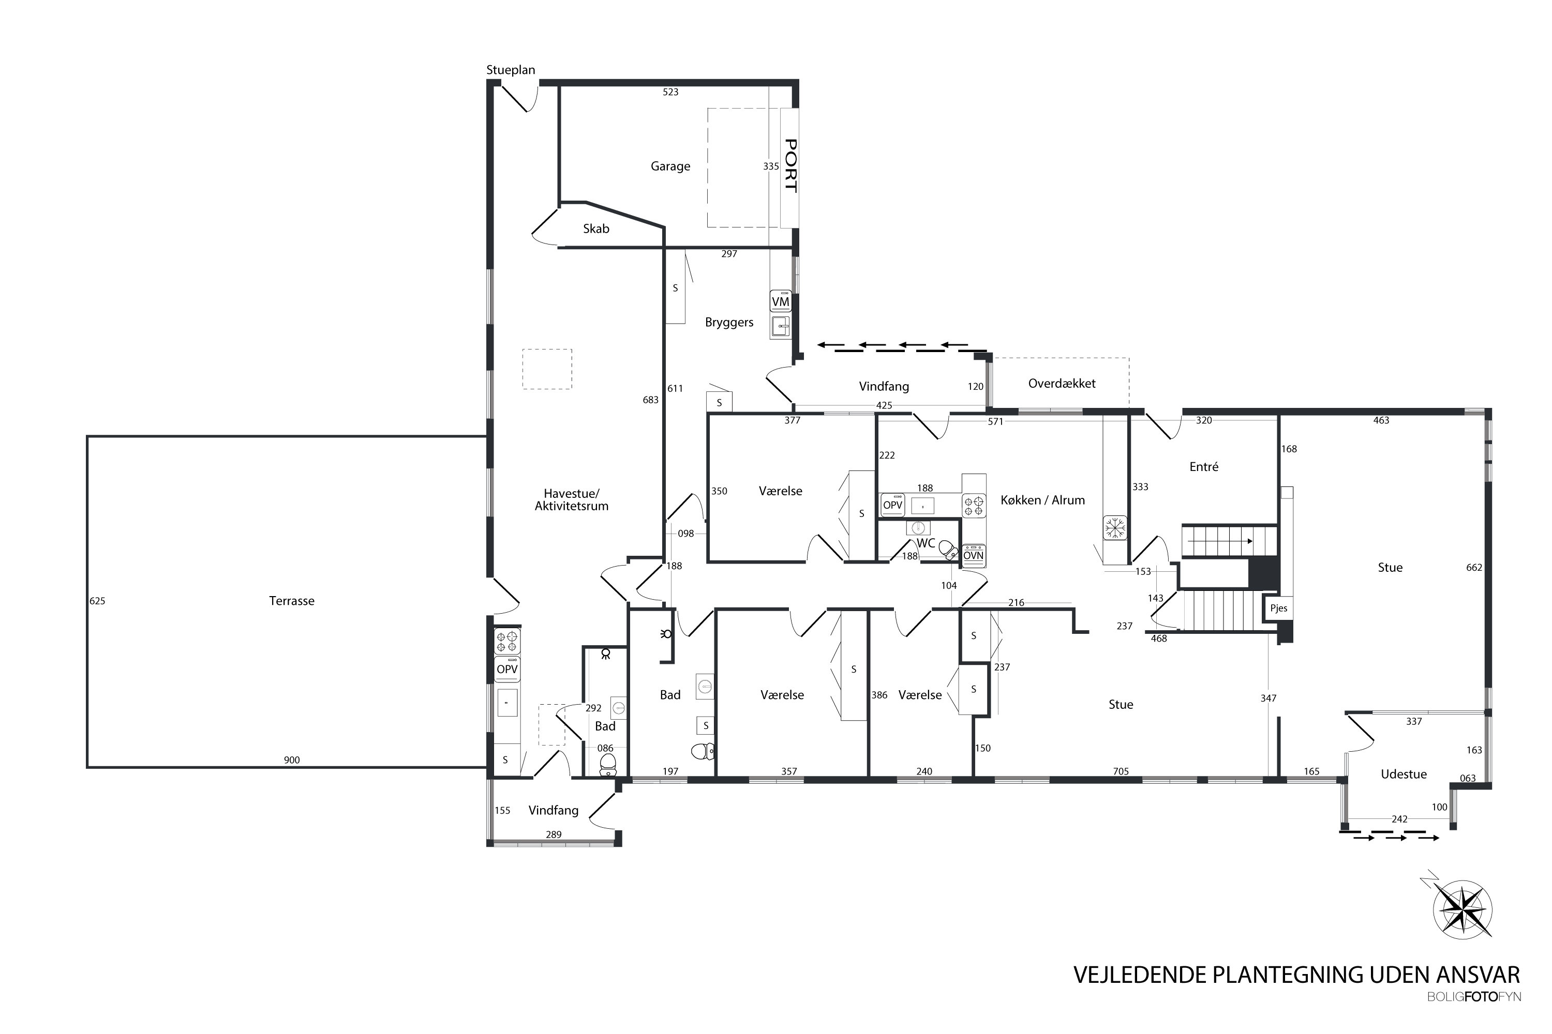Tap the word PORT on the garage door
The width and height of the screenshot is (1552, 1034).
(790, 165)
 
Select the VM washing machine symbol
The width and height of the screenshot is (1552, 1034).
(781, 301)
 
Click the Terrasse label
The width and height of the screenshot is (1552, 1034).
(292, 601)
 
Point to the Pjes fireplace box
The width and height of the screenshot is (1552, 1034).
(1279, 608)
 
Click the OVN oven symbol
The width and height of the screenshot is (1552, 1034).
(973, 555)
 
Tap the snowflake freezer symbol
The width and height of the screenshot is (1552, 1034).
(1116, 527)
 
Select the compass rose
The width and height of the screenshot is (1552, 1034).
(1463, 910)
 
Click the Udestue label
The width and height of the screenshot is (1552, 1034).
(1404, 774)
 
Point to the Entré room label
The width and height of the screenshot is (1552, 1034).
(1204, 467)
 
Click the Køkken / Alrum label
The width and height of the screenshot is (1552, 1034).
(1042, 500)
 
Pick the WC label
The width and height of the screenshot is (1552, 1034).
(926, 543)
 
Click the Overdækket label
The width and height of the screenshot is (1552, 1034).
(1062, 383)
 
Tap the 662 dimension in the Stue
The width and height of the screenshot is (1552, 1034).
(1474, 568)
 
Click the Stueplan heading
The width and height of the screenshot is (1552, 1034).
(511, 70)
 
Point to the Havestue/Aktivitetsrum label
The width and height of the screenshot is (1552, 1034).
(572, 500)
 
